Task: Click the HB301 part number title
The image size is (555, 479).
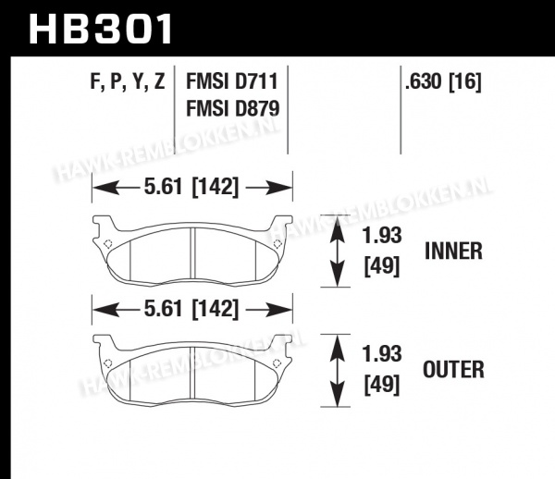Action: (x=101, y=29)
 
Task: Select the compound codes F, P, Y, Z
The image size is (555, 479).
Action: (x=128, y=81)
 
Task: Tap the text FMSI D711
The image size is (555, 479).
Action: (x=232, y=81)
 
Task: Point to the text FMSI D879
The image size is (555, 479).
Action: (x=232, y=108)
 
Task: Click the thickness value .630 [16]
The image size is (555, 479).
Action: (x=443, y=82)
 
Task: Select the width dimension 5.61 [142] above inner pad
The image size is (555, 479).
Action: (x=191, y=187)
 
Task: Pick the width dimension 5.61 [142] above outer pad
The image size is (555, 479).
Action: (x=191, y=309)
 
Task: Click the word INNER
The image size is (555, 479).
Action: (x=453, y=252)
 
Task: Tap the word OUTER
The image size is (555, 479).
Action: (x=453, y=370)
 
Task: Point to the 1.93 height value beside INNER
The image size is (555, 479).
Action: (x=382, y=235)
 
